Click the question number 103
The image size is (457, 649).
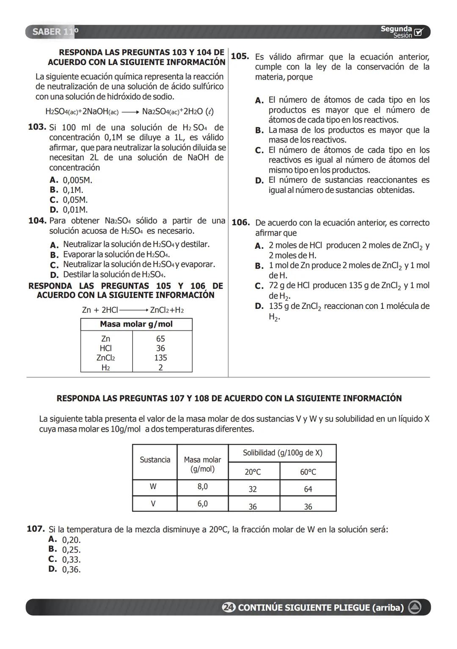(x=37, y=127)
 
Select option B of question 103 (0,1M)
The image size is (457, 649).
(x=72, y=190)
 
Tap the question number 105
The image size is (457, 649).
(x=240, y=56)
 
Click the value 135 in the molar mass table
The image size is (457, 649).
(x=160, y=357)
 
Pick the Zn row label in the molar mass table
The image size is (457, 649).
(x=106, y=338)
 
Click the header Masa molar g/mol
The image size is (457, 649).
(x=136, y=324)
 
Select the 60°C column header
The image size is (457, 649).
(x=308, y=472)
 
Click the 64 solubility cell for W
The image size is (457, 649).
(x=308, y=489)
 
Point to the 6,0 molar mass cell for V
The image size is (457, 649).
(x=202, y=503)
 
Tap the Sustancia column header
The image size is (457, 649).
(x=155, y=460)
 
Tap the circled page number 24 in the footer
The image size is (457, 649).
(x=228, y=608)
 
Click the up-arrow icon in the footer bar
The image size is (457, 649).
(x=414, y=608)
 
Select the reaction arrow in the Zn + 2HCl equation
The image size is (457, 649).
(x=133, y=310)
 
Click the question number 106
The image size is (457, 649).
(x=240, y=223)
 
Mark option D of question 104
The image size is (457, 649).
(x=54, y=275)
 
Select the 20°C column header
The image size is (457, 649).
(x=253, y=472)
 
